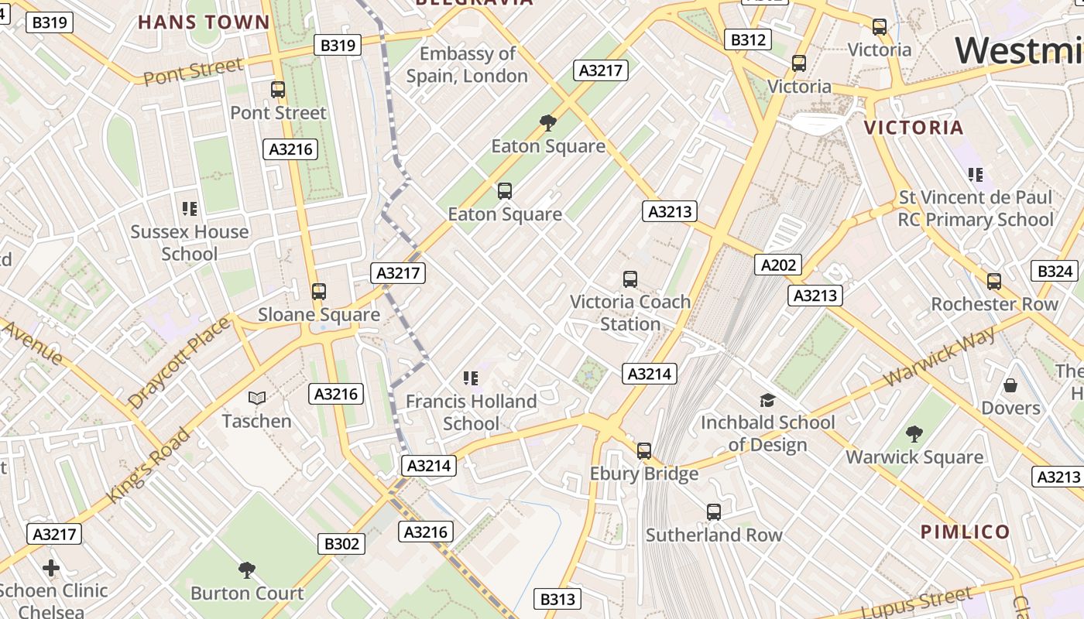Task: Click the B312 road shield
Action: pyautogui.click(x=748, y=39)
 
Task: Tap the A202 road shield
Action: pyautogui.click(x=778, y=265)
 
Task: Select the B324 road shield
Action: pyautogui.click(x=1055, y=271)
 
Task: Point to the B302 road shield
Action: pyautogui.click(x=341, y=544)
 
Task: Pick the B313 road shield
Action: pyautogui.click(x=557, y=599)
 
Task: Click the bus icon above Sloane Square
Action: pyautogui.click(x=319, y=292)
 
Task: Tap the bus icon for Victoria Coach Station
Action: pyautogui.click(x=630, y=279)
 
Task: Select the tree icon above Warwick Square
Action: pyautogui.click(x=914, y=433)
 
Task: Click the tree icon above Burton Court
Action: pyautogui.click(x=247, y=571)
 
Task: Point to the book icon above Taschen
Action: pyautogui.click(x=257, y=398)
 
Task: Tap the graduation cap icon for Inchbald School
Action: pyautogui.click(x=767, y=400)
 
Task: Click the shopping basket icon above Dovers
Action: pyautogui.click(x=1010, y=385)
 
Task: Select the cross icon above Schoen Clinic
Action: pyautogui.click(x=51, y=569)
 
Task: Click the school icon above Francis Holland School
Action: pyautogui.click(x=471, y=378)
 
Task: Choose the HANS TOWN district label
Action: pyautogui.click(x=204, y=22)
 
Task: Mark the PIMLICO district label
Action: pyautogui.click(x=966, y=532)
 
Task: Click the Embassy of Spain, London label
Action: pyautogui.click(x=467, y=65)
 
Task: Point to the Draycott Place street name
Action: pyautogui.click(x=179, y=362)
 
